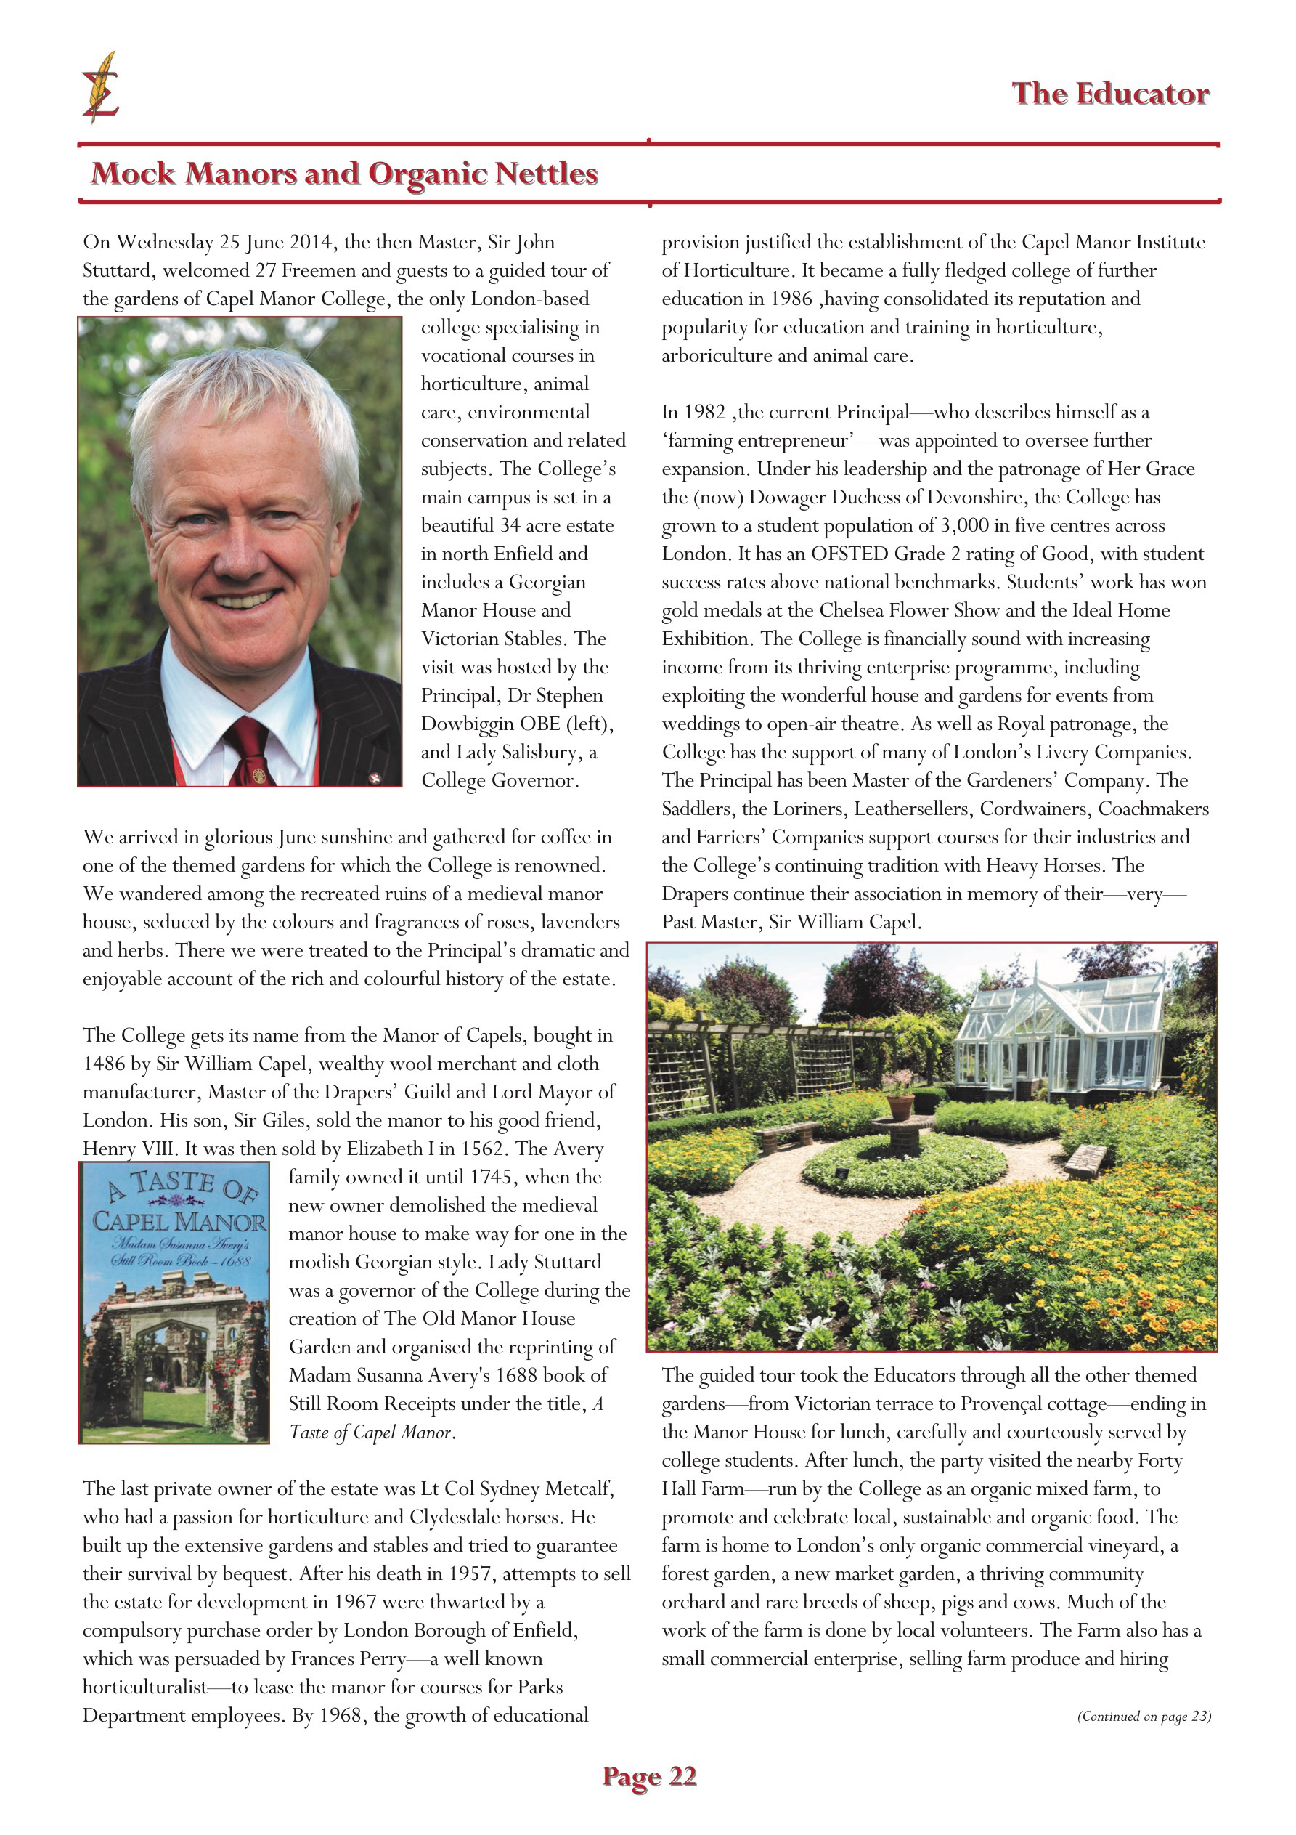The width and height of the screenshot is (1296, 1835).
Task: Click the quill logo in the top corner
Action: pyautogui.click(x=101, y=88)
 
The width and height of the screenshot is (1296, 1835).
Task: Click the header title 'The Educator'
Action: pyautogui.click(x=1110, y=94)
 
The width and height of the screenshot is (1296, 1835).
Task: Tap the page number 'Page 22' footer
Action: pyautogui.click(x=649, y=1776)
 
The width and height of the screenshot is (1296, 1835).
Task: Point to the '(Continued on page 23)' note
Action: pyautogui.click(x=1144, y=1716)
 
